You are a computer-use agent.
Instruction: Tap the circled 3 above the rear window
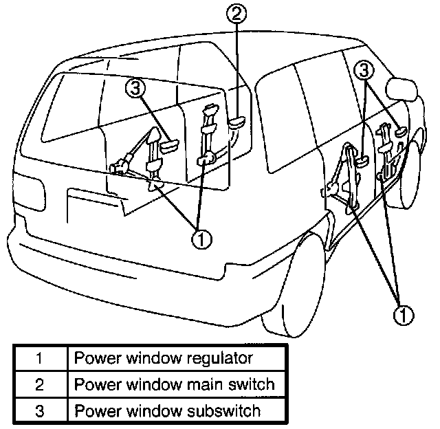point(136,88)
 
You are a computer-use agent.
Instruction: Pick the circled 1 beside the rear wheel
point(404,315)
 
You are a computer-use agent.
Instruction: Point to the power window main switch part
point(237,122)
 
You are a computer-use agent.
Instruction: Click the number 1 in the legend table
point(40,357)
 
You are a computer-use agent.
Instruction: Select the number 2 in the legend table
point(40,384)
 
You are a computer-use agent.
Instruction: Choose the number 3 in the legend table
point(40,410)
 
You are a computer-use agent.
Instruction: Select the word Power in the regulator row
point(93,358)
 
